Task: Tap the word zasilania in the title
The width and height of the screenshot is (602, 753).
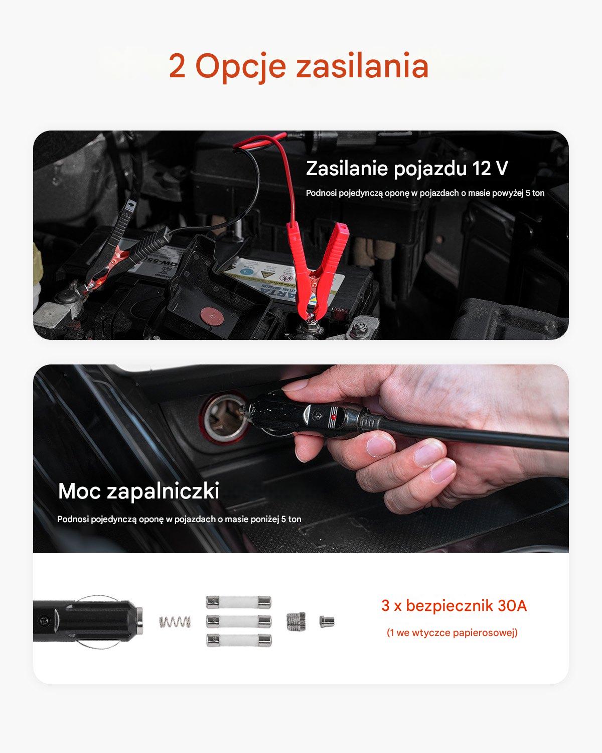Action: pyautogui.click(x=362, y=65)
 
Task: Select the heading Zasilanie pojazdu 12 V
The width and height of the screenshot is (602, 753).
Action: pyautogui.click(x=407, y=168)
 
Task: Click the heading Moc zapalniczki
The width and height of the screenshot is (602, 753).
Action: pyautogui.click(x=138, y=490)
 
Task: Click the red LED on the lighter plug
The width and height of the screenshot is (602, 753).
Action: pyautogui.click(x=333, y=417)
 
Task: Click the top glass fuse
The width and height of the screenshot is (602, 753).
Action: pyautogui.click(x=239, y=602)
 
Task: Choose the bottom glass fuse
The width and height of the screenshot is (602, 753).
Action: pyautogui.click(x=239, y=640)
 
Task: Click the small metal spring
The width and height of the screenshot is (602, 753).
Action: pyautogui.click(x=175, y=621)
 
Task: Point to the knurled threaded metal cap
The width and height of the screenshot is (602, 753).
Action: pyautogui.click(x=296, y=621)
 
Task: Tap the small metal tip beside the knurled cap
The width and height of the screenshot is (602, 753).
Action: pyautogui.click(x=327, y=621)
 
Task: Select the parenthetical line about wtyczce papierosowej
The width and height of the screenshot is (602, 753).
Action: pyautogui.click(x=452, y=633)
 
